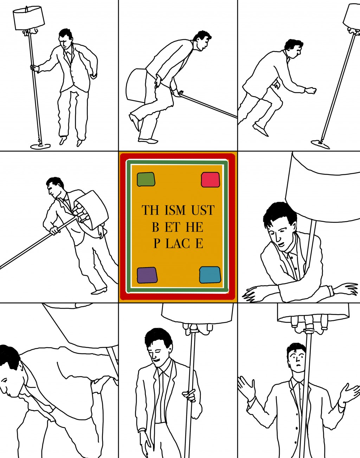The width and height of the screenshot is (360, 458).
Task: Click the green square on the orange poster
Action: [146, 179]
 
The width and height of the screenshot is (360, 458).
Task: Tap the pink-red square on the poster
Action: [210, 180]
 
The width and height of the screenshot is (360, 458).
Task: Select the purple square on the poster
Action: [147, 275]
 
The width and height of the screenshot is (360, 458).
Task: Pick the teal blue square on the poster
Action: [210, 275]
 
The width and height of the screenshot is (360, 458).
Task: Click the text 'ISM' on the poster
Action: [175, 210]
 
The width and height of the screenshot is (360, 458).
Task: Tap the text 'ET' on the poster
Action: [172, 227]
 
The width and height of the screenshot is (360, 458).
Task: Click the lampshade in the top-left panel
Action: [29, 18]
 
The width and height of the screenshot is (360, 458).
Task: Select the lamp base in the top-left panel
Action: [40, 146]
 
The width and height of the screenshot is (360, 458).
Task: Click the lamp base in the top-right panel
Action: [320, 144]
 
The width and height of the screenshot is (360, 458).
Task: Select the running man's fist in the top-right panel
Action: [311, 90]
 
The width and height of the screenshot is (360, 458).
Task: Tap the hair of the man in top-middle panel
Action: [202, 36]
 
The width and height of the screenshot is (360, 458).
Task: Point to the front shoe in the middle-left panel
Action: [99, 291]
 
